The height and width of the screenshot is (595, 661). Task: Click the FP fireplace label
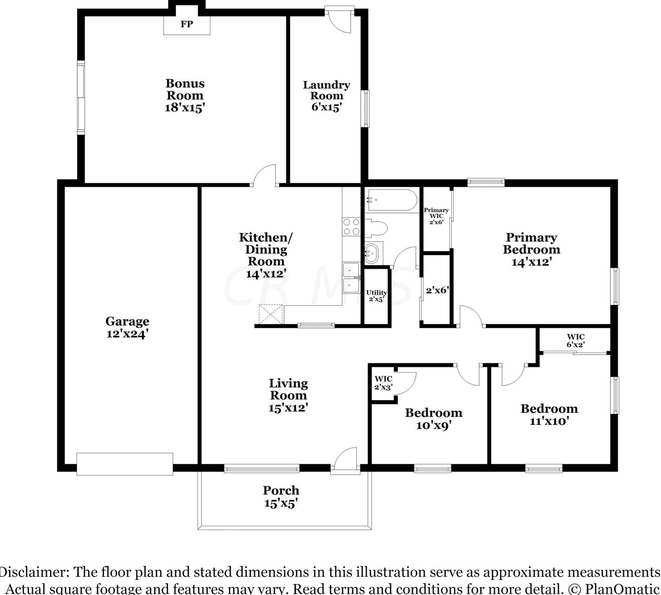tap(187, 24)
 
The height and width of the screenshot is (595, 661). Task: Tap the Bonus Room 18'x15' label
tap(185, 96)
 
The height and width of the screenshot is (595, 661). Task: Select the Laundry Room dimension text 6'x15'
tap(327, 107)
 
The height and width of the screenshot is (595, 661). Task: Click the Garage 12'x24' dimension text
tap(127, 334)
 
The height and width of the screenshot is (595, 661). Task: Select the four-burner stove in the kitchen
tap(351, 226)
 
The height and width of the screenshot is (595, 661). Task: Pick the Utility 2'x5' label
tap(376, 296)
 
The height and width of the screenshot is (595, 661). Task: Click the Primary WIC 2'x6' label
tap(436, 216)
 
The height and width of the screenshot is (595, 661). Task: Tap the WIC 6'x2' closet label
tap(576, 340)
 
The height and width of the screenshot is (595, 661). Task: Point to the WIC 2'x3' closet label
tap(383, 382)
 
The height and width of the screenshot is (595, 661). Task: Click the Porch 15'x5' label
tap(281, 497)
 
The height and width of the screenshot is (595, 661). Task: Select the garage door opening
tap(125, 464)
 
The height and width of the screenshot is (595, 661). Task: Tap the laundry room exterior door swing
tap(340, 20)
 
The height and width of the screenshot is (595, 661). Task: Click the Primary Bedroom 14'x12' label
tap(531, 250)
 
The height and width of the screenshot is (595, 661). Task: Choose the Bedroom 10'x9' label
tap(434, 419)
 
